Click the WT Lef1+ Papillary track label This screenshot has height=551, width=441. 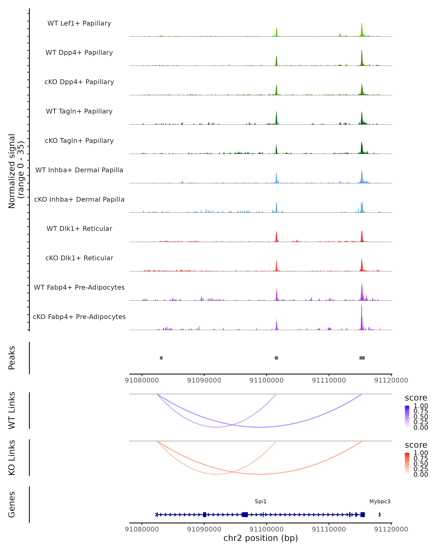[x=79, y=23]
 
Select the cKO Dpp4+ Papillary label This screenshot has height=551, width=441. [x=79, y=82]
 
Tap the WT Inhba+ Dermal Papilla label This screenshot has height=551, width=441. [x=79, y=170]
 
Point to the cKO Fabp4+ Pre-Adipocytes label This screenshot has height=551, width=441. [x=79, y=317]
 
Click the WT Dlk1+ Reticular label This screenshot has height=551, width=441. [x=79, y=229]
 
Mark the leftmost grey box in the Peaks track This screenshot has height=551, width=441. [x=161, y=358]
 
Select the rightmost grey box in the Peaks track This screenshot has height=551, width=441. [x=362, y=358]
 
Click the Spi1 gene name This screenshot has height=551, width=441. [x=261, y=501]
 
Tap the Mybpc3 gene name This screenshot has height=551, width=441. [x=380, y=501]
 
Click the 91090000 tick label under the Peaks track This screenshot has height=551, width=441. [x=204, y=380]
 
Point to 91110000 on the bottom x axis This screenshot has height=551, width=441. [x=329, y=529]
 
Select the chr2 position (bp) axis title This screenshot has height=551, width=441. [x=261, y=538]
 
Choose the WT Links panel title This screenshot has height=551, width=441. [x=12, y=411]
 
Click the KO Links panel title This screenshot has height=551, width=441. [x=12, y=458]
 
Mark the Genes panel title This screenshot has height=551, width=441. [x=12, y=505]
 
